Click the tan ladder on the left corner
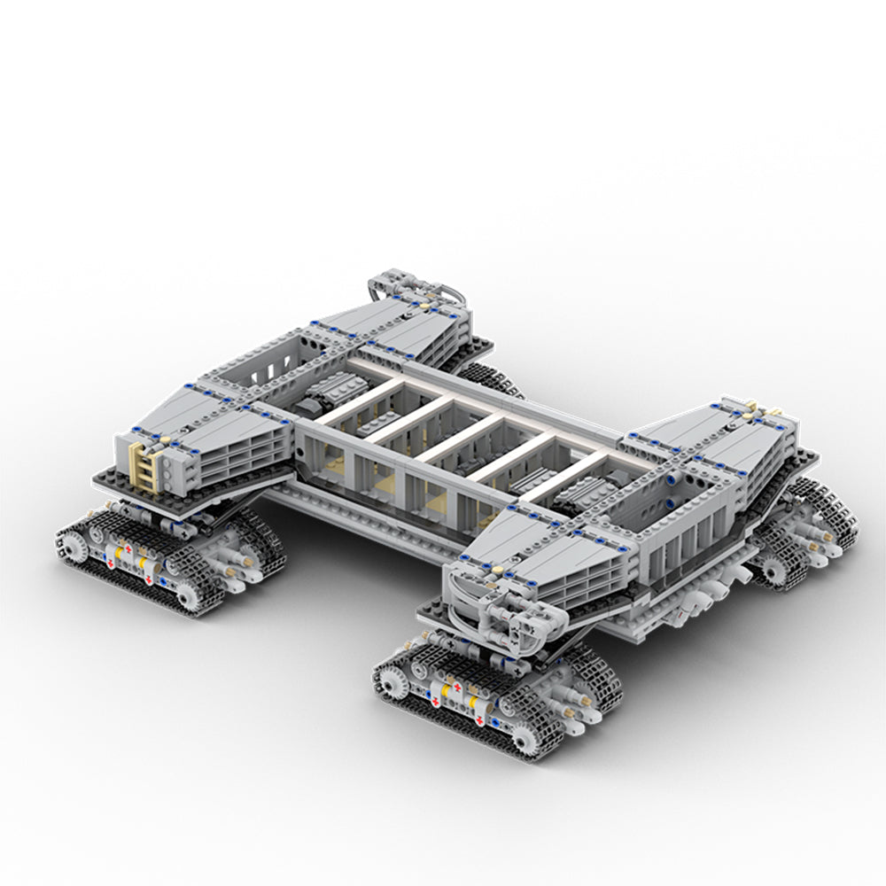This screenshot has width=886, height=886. [147, 464]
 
